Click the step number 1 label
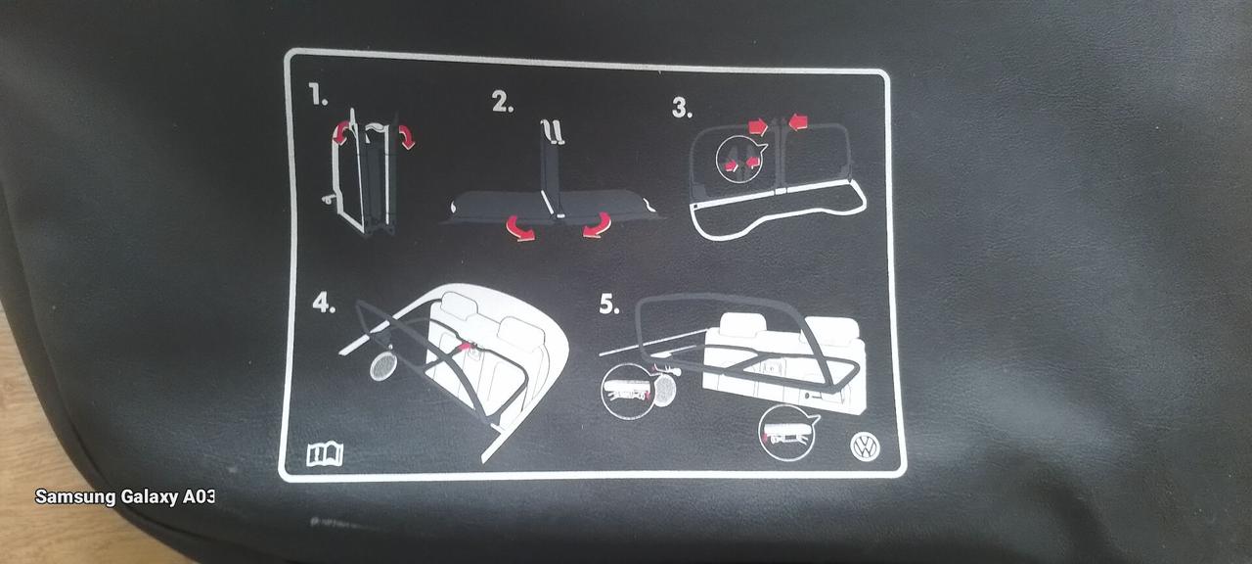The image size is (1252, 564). (x=319, y=95)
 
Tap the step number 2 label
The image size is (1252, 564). (x=503, y=103)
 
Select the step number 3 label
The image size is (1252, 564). (x=682, y=108)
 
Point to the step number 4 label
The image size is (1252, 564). (x=324, y=304)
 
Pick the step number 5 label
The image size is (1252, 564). (x=609, y=304)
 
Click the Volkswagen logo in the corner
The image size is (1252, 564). (x=865, y=447)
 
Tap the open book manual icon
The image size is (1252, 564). (x=325, y=453)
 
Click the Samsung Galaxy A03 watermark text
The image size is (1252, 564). (x=124, y=496)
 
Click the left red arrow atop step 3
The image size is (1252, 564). (x=758, y=126)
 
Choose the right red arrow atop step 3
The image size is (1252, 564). (x=799, y=120)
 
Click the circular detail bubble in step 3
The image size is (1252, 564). (x=738, y=160)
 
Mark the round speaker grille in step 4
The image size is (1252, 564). (x=383, y=366)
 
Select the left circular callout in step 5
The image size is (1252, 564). (x=627, y=391)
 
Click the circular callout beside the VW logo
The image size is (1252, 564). (x=785, y=433)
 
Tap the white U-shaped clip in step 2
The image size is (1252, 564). (x=553, y=132)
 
